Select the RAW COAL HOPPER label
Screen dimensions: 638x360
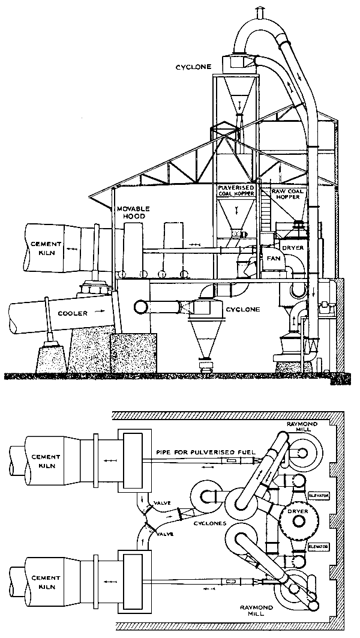pos(286,193)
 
